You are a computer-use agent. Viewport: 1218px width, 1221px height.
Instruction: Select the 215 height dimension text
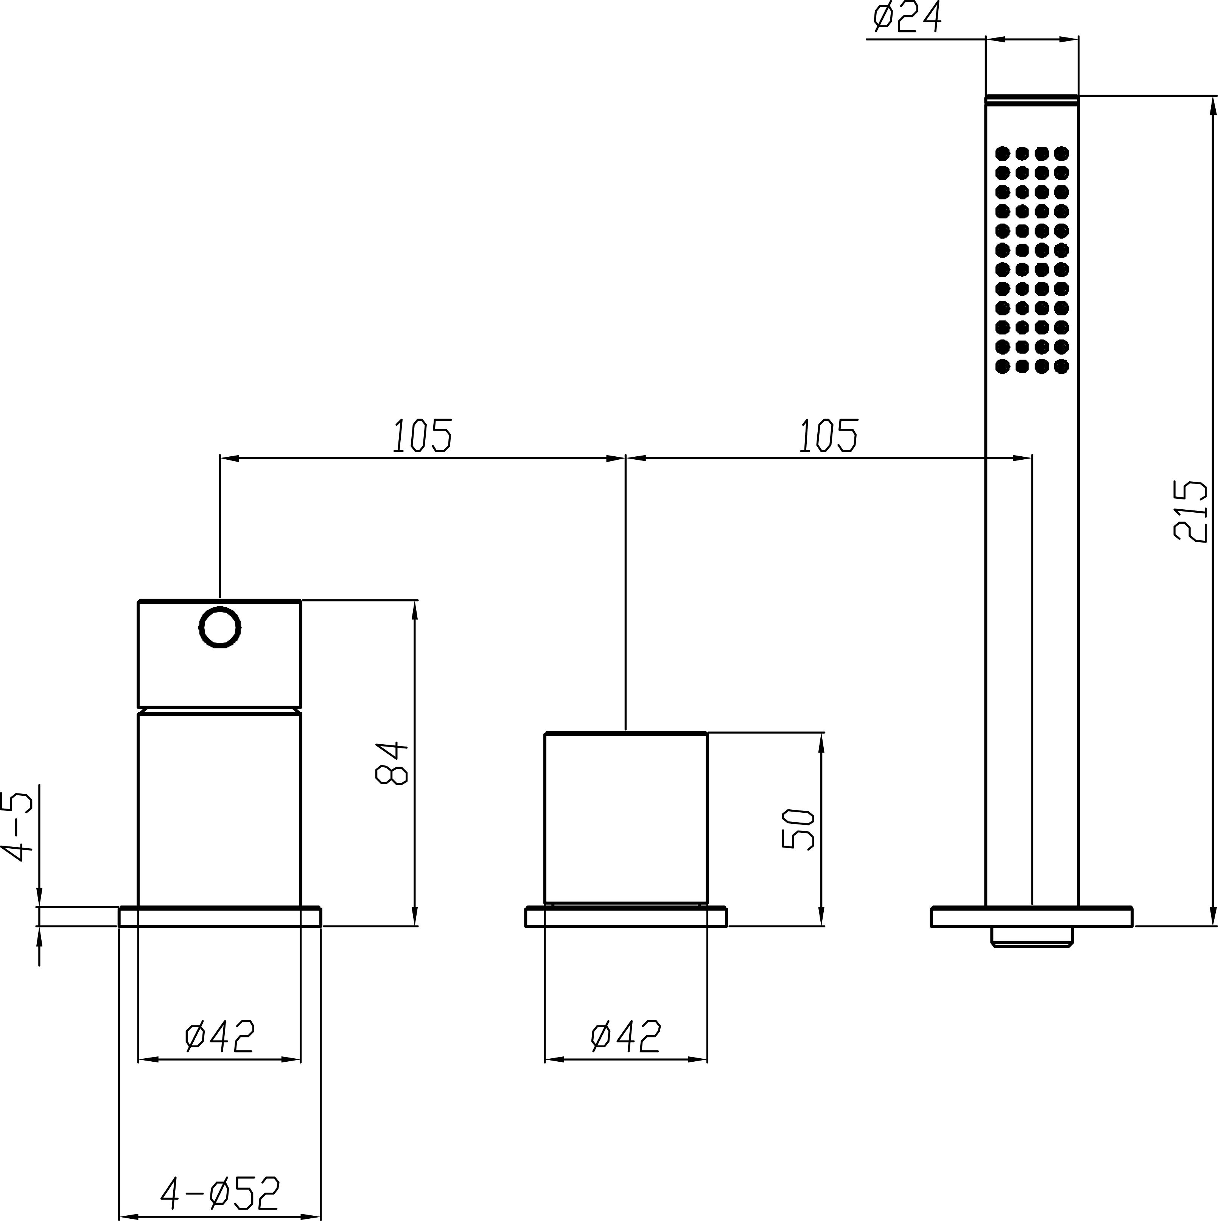[1190, 511]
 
